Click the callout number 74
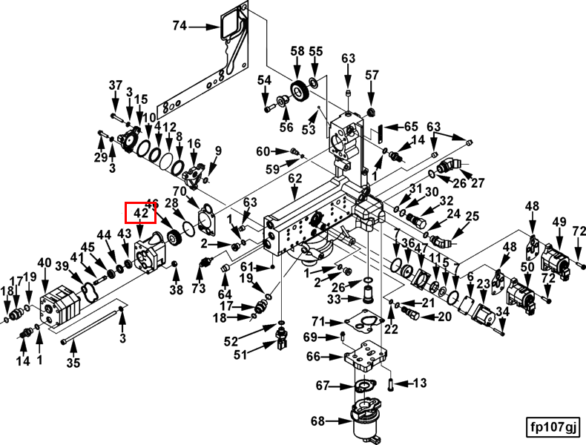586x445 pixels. [180, 26]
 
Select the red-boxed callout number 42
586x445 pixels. [140, 214]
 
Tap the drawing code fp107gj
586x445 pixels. [553, 427]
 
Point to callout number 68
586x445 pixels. [317, 421]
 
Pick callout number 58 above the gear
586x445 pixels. [297, 51]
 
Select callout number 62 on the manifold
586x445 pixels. [295, 179]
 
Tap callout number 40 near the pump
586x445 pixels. [45, 263]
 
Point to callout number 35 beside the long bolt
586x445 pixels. [73, 363]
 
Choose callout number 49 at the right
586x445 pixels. [559, 222]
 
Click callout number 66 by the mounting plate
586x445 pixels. [314, 357]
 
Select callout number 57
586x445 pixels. [372, 75]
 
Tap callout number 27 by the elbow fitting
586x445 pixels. [477, 183]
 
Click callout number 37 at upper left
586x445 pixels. [115, 85]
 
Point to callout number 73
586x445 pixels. [198, 288]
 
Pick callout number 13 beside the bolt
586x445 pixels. [420, 383]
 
